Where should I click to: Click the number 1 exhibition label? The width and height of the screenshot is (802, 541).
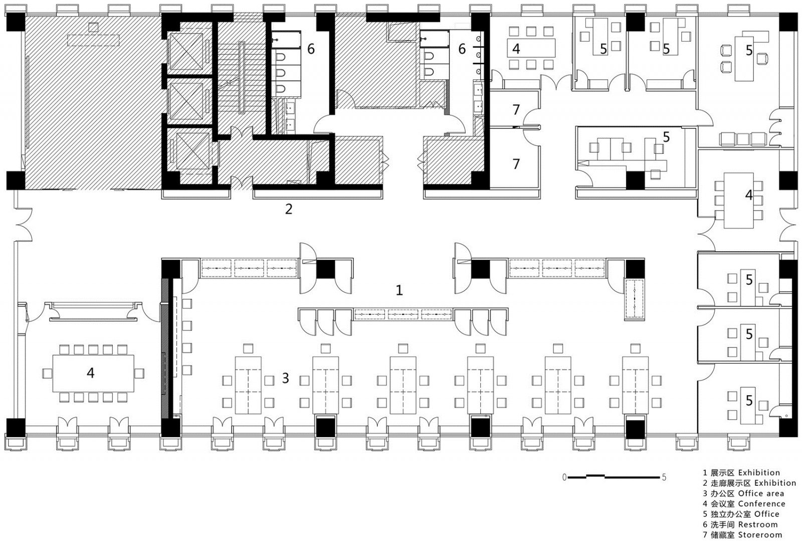tap(399, 290)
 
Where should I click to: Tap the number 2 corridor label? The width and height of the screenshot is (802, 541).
tap(288, 209)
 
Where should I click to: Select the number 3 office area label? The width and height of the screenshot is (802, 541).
tap(285, 378)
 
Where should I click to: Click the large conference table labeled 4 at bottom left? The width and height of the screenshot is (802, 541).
tap(91, 373)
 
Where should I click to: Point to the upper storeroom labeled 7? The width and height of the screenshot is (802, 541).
tap(516, 109)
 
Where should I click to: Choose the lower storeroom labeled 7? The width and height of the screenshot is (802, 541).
tap(516, 163)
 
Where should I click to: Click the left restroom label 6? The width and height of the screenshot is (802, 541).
tap(311, 49)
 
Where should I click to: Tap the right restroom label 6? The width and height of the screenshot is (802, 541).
tap(462, 49)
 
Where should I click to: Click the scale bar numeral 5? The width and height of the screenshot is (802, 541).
tap(664, 477)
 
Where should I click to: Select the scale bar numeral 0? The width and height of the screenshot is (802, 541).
tap(564, 477)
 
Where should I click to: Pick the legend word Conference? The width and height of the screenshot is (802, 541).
tap(761, 503)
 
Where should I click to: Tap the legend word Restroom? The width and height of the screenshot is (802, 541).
tap(758, 524)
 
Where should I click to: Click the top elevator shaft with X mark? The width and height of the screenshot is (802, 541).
tap(185, 52)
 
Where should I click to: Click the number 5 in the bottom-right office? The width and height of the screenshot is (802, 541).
tap(749, 401)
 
